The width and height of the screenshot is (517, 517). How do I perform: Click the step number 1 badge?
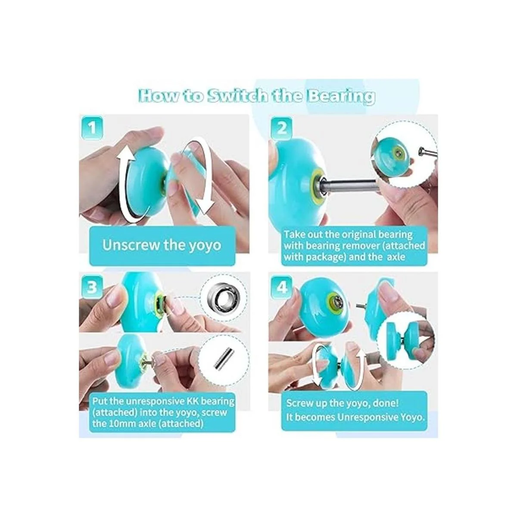coord(92,128)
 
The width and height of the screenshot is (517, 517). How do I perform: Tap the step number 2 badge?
coord(281,128)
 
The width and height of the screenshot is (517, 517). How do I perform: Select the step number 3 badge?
coord(92,287)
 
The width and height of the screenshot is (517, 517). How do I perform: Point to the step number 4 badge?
coord(281,287)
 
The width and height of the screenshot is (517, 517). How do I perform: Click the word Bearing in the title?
coord(343,97)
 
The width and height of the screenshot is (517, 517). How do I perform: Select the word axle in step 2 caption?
coord(396,257)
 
